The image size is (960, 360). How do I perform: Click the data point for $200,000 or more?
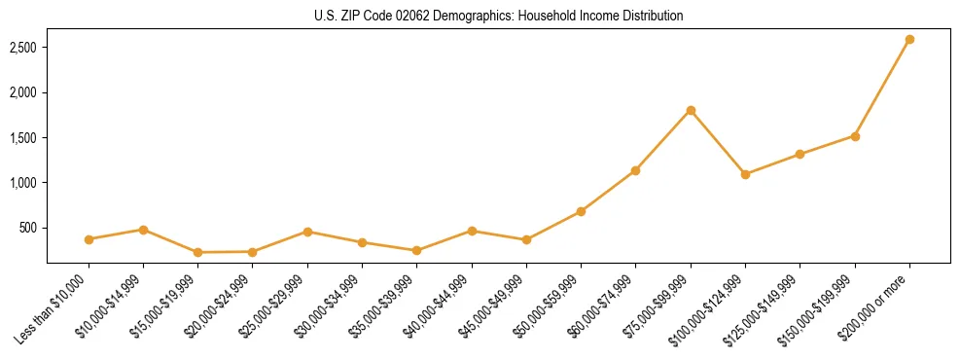point(909,40)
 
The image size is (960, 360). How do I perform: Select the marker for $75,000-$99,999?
point(691,110)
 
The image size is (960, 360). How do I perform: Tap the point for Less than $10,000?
point(89,239)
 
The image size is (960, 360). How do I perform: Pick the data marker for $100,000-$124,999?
point(745,174)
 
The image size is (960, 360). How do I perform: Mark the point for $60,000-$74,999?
point(636,170)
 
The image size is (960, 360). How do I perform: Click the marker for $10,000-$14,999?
point(143,230)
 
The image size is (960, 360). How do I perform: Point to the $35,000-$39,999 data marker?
point(417,250)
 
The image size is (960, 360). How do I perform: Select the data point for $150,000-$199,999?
point(855,136)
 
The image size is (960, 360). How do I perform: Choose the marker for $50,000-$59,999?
point(581,211)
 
